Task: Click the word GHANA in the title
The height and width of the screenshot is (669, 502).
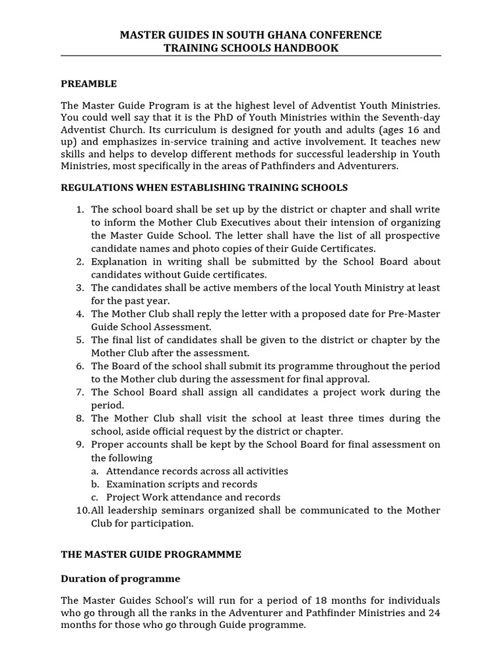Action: (x=290, y=35)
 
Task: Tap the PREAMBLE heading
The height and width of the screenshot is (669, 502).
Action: (x=89, y=84)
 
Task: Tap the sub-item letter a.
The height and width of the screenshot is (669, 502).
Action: (x=95, y=471)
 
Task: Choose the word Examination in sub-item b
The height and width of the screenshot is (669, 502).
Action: (x=136, y=484)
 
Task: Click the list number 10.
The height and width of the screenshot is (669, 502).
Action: (x=81, y=510)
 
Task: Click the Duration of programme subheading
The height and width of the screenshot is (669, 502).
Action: (x=120, y=579)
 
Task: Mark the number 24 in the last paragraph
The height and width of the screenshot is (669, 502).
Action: (x=433, y=613)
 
